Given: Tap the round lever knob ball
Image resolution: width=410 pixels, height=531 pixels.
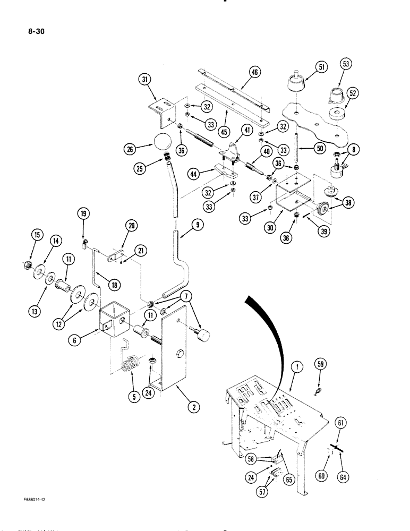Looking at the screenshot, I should point(161,142).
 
